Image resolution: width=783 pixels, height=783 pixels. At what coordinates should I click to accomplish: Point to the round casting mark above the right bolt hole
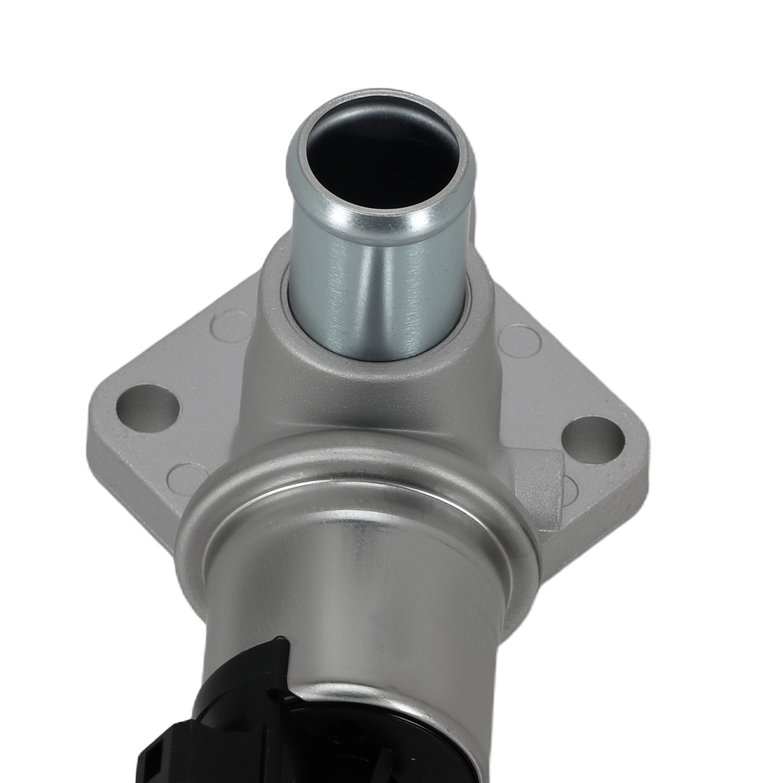click(x=519, y=338)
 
